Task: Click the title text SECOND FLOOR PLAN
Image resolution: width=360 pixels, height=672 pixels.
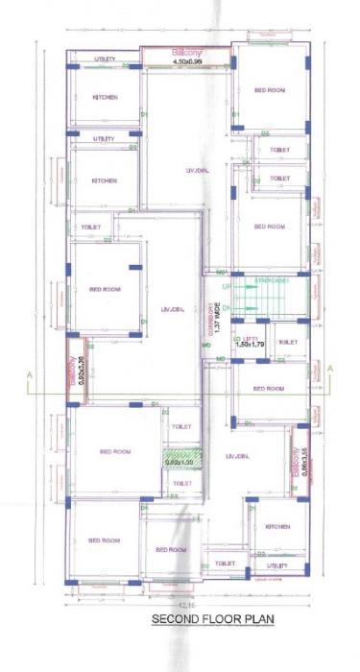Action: coord(212,621)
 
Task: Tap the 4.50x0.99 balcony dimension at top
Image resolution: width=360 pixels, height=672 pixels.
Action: coord(188,61)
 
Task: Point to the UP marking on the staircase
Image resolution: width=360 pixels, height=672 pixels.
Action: coord(227,287)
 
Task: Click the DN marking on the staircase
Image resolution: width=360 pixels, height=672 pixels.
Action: coord(227,306)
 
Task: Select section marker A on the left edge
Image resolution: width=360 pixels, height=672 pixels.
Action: coord(31,372)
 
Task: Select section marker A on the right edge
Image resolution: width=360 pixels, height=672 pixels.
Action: coord(328,368)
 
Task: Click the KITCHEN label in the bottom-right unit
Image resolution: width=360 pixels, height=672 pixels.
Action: coord(277,527)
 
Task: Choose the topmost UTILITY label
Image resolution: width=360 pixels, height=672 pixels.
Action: coord(105,60)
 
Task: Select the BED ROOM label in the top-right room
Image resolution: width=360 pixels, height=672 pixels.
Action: coord(269,89)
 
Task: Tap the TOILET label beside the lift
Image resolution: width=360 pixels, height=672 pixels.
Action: coord(287,342)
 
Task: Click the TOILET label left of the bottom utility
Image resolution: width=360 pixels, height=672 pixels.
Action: coord(225,564)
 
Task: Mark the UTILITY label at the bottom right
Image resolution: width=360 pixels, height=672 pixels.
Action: coord(276,566)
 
